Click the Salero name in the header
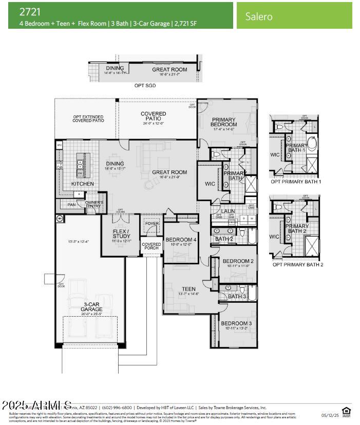(x=258, y=16)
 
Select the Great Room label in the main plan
(x=169, y=172)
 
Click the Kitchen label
(x=82, y=184)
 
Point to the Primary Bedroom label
(x=224, y=122)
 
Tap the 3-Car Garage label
(x=91, y=307)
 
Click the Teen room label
(x=188, y=289)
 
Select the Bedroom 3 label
(x=236, y=323)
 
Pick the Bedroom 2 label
(x=238, y=261)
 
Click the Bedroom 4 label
(x=181, y=240)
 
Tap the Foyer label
(x=152, y=223)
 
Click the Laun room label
(x=229, y=211)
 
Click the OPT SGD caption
(x=145, y=86)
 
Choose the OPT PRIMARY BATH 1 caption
(x=296, y=182)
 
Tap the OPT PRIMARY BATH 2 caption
(x=297, y=265)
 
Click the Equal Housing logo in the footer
(x=346, y=411)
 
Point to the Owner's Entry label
(x=94, y=204)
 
